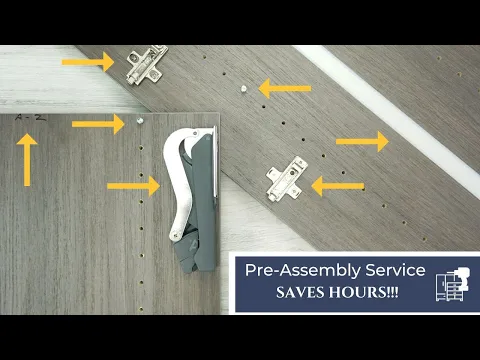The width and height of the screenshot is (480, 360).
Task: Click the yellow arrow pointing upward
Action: click(27, 160)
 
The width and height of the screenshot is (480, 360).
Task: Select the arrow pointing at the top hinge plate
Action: click(88, 62)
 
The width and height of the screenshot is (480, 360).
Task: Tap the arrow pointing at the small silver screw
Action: click(98, 124)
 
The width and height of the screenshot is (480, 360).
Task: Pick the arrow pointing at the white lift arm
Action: click(134, 186)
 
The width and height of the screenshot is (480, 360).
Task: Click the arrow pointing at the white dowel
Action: click(285, 88)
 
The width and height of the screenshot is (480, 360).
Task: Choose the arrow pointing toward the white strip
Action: click(362, 141)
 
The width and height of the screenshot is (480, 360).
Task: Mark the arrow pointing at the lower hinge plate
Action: click(338, 186)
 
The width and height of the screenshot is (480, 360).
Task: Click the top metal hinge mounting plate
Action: click(146, 65)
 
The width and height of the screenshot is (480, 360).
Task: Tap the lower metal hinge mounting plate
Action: click(287, 179)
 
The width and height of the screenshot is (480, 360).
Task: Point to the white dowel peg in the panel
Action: click(244, 89)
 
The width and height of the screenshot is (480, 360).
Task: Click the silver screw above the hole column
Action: click(140, 120)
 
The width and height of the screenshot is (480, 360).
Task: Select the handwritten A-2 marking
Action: click(30, 118)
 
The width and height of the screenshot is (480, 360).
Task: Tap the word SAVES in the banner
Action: click(300, 292)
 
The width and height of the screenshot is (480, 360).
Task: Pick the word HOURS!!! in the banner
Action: click(363, 292)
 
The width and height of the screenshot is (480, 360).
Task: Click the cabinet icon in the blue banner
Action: click(453, 284)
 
